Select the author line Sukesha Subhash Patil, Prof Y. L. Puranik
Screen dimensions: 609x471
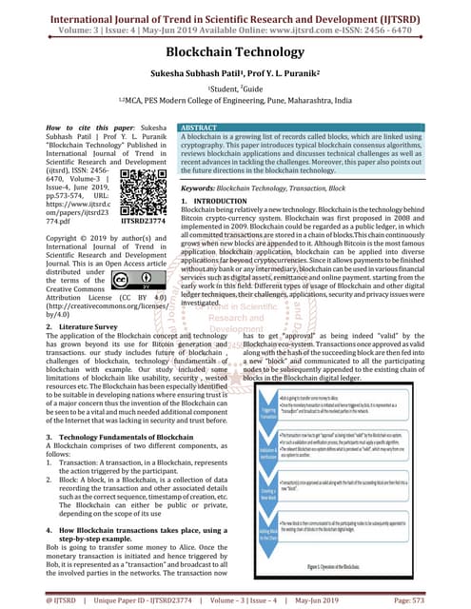click(235, 77)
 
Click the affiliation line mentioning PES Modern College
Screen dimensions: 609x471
click(235, 108)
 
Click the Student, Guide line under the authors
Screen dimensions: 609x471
click(235, 93)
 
